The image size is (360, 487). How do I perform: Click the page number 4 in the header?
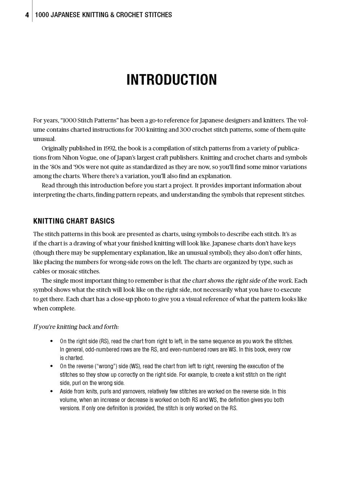[27, 15]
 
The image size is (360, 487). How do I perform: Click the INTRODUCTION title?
[172, 80]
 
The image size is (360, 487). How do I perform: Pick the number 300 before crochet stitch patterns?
[187, 130]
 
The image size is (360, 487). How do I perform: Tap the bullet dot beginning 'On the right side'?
[52, 341]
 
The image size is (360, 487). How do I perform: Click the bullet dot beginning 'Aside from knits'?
[52, 391]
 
